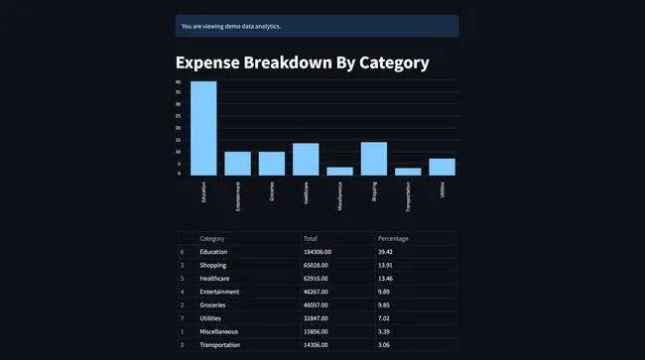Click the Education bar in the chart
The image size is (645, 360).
[203, 128]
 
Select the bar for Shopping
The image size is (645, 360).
[373, 159]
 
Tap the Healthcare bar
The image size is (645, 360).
[306, 159]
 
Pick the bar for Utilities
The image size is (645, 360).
[442, 167]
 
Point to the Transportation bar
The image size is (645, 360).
[408, 172]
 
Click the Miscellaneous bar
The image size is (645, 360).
[339, 171]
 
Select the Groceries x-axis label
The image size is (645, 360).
[273, 191]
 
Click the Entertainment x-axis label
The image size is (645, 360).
[238, 195]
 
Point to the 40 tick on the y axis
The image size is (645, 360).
[179, 81]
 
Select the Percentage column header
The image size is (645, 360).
[393, 239]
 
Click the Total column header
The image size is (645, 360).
[311, 239]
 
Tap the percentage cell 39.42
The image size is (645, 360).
[387, 252]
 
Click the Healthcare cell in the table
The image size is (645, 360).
[217, 279]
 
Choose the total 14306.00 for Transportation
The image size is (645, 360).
[322, 344]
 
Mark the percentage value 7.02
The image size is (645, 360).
[385, 317]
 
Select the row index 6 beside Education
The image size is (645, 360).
[183, 252]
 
